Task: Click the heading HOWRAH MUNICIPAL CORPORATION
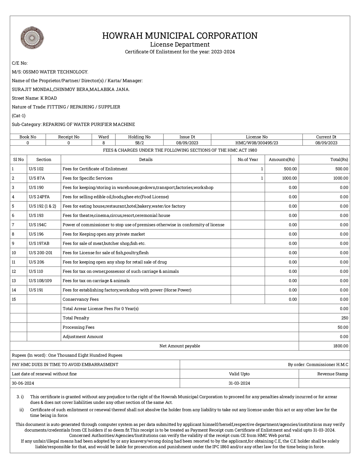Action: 180,36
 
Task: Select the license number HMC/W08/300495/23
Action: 256,143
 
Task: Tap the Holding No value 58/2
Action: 139,143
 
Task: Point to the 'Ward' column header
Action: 103,137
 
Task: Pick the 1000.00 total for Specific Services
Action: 340,178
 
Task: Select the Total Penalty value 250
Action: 344,318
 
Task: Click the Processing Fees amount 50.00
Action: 343,327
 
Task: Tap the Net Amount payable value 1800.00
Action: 341,346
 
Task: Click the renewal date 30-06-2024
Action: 23,383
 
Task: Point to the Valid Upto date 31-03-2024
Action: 239,383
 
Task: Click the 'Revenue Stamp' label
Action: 333,374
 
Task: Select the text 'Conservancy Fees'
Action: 80,299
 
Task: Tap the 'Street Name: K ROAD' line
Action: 34,98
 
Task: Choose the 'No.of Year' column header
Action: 248,160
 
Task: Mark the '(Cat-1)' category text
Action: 19,116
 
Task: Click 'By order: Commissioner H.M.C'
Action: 318,365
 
